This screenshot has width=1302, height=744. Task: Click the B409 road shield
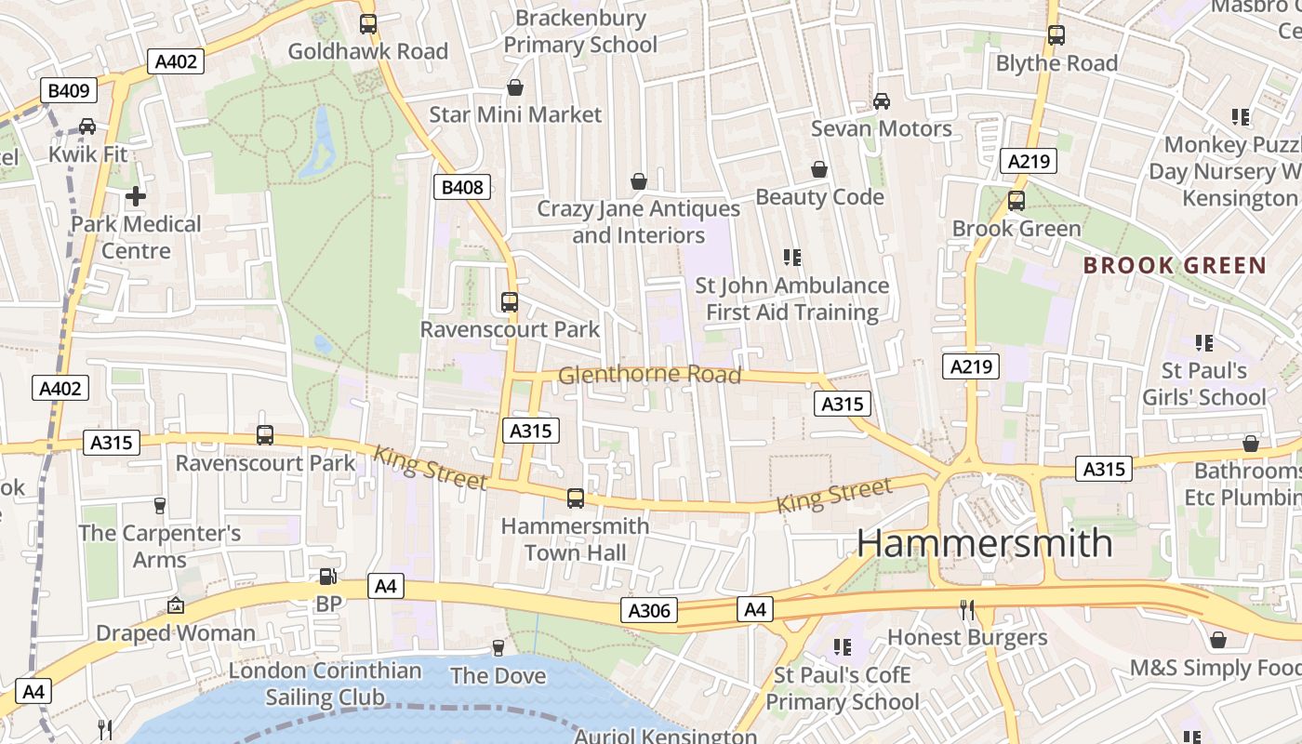pyautogui.click(x=70, y=90)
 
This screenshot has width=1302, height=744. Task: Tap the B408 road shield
pyautogui.click(x=462, y=187)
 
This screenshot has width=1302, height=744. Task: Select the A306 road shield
pyautogui.click(x=649, y=610)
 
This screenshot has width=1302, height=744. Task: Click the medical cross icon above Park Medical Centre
pyautogui.click(x=136, y=196)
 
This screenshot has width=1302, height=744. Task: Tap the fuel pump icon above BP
pyautogui.click(x=327, y=577)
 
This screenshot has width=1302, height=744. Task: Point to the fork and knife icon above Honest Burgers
pyautogui.click(x=967, y=610)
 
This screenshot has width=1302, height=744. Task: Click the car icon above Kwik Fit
pyautogui.click(x=87, y=126)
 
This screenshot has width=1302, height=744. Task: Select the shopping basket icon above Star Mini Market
pyautogui.click(x=515, y=87)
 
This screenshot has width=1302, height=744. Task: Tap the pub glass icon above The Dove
pyautogui.click(x=498, y=647)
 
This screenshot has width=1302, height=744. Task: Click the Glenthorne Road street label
pyautogui.click(x=649, y=375)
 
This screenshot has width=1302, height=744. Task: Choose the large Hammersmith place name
pyautogui.click(x=984, y=542)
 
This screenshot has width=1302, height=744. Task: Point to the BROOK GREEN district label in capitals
pyautogui.click(x=1175, y=265)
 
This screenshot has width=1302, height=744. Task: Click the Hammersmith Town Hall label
pyautogui.click(x=575, y=539)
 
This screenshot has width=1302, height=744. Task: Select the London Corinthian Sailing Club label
pyautogui.click(x=325, y=684)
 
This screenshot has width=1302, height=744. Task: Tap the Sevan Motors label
pyautogui.click(x=881, y=128)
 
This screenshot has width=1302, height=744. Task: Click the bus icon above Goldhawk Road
pyautogui.click(x=368, y=24)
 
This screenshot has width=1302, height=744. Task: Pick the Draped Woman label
pyautogui.click(x=176, y=633)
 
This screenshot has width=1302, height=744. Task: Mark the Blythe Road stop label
pyautogui.click(x=1056, y=63)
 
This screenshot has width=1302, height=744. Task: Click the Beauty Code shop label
pyautogui.click(x=819, y=196)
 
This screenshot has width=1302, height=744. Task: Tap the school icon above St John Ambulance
pyautogui.click(x=792, y=257)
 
